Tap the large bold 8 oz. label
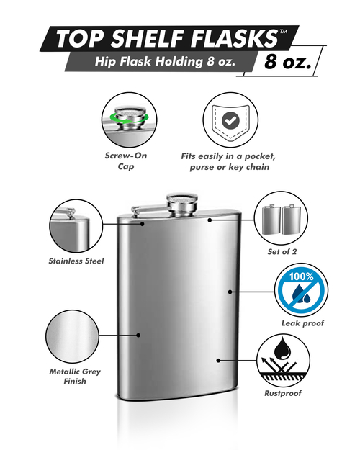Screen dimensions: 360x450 point(288,61)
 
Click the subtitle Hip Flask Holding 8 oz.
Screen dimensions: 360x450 point(165,61)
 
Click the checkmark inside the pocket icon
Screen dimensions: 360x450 point(230,120)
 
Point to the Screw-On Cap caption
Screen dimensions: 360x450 point(126,161)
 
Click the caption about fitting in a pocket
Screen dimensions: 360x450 point(229,161)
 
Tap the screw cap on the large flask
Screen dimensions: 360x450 point(182,205)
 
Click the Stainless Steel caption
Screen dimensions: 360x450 point(76,261)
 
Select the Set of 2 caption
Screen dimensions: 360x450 point(282,252)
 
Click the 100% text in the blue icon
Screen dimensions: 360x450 point(301,276)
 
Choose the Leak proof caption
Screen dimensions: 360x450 point(302,323)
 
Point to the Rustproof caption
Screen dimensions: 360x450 point(283,393)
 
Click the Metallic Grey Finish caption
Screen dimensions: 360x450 point(75,377)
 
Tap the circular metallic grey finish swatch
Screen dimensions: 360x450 point(72,336)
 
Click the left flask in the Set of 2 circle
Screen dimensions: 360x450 point(271,220)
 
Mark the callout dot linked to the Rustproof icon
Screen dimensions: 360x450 point(218,360)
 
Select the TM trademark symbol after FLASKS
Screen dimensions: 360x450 point(284,32)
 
